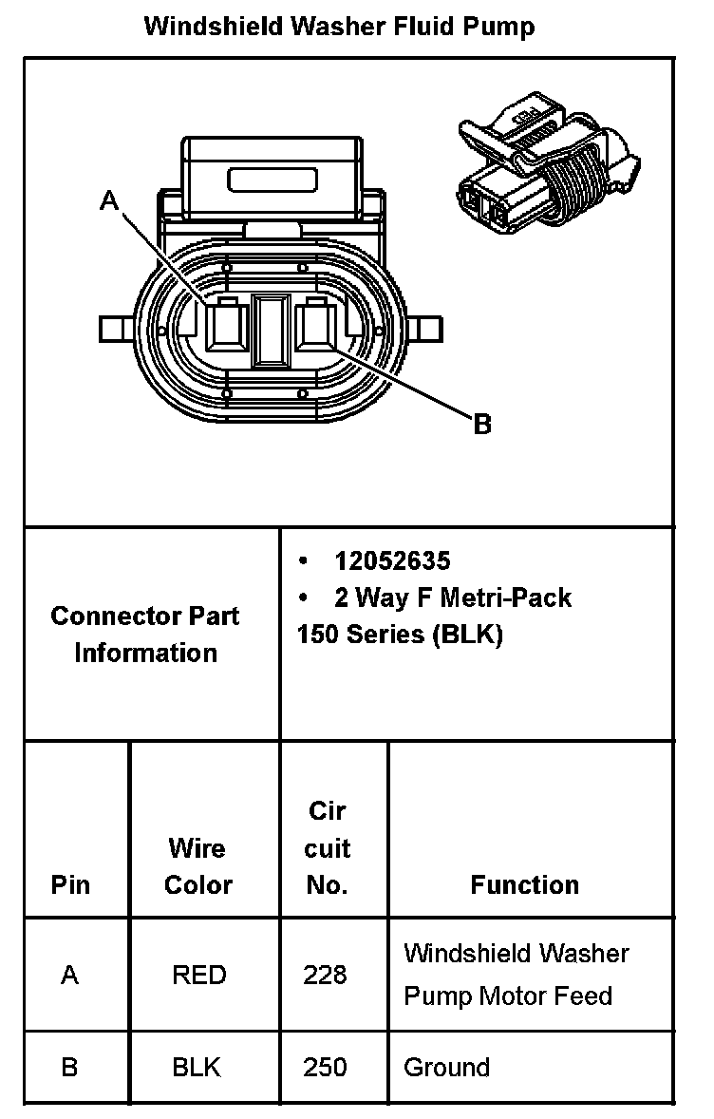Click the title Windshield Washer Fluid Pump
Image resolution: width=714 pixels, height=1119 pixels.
pos(339,27)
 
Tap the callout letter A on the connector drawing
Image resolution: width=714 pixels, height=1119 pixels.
pos(111,200)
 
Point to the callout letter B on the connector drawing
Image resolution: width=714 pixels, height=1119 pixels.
pos(482,425)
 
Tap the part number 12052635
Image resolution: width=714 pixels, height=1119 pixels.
pos(392,560)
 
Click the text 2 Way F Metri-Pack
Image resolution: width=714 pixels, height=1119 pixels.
pos(452,597)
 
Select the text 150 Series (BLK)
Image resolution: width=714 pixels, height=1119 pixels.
pos(400,635)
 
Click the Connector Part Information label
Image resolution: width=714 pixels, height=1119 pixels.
pos(145,634)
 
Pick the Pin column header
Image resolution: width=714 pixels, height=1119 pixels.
pos(70,885)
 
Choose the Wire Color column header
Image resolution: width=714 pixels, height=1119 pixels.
pos(197,865)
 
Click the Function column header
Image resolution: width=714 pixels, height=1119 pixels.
pos(524,885)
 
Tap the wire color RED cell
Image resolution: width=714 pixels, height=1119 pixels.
pos(198,975)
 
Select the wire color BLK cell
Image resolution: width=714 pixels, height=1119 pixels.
pos(197,1067)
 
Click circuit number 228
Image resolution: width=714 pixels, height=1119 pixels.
pos(326,975)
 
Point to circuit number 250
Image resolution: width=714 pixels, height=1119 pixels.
pos(326,1067)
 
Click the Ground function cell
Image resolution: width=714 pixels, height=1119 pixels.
pos(447,1067)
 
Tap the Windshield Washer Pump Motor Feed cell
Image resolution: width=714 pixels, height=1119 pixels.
pos(516,974)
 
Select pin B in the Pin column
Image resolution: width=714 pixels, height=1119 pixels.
pos(69,1067)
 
